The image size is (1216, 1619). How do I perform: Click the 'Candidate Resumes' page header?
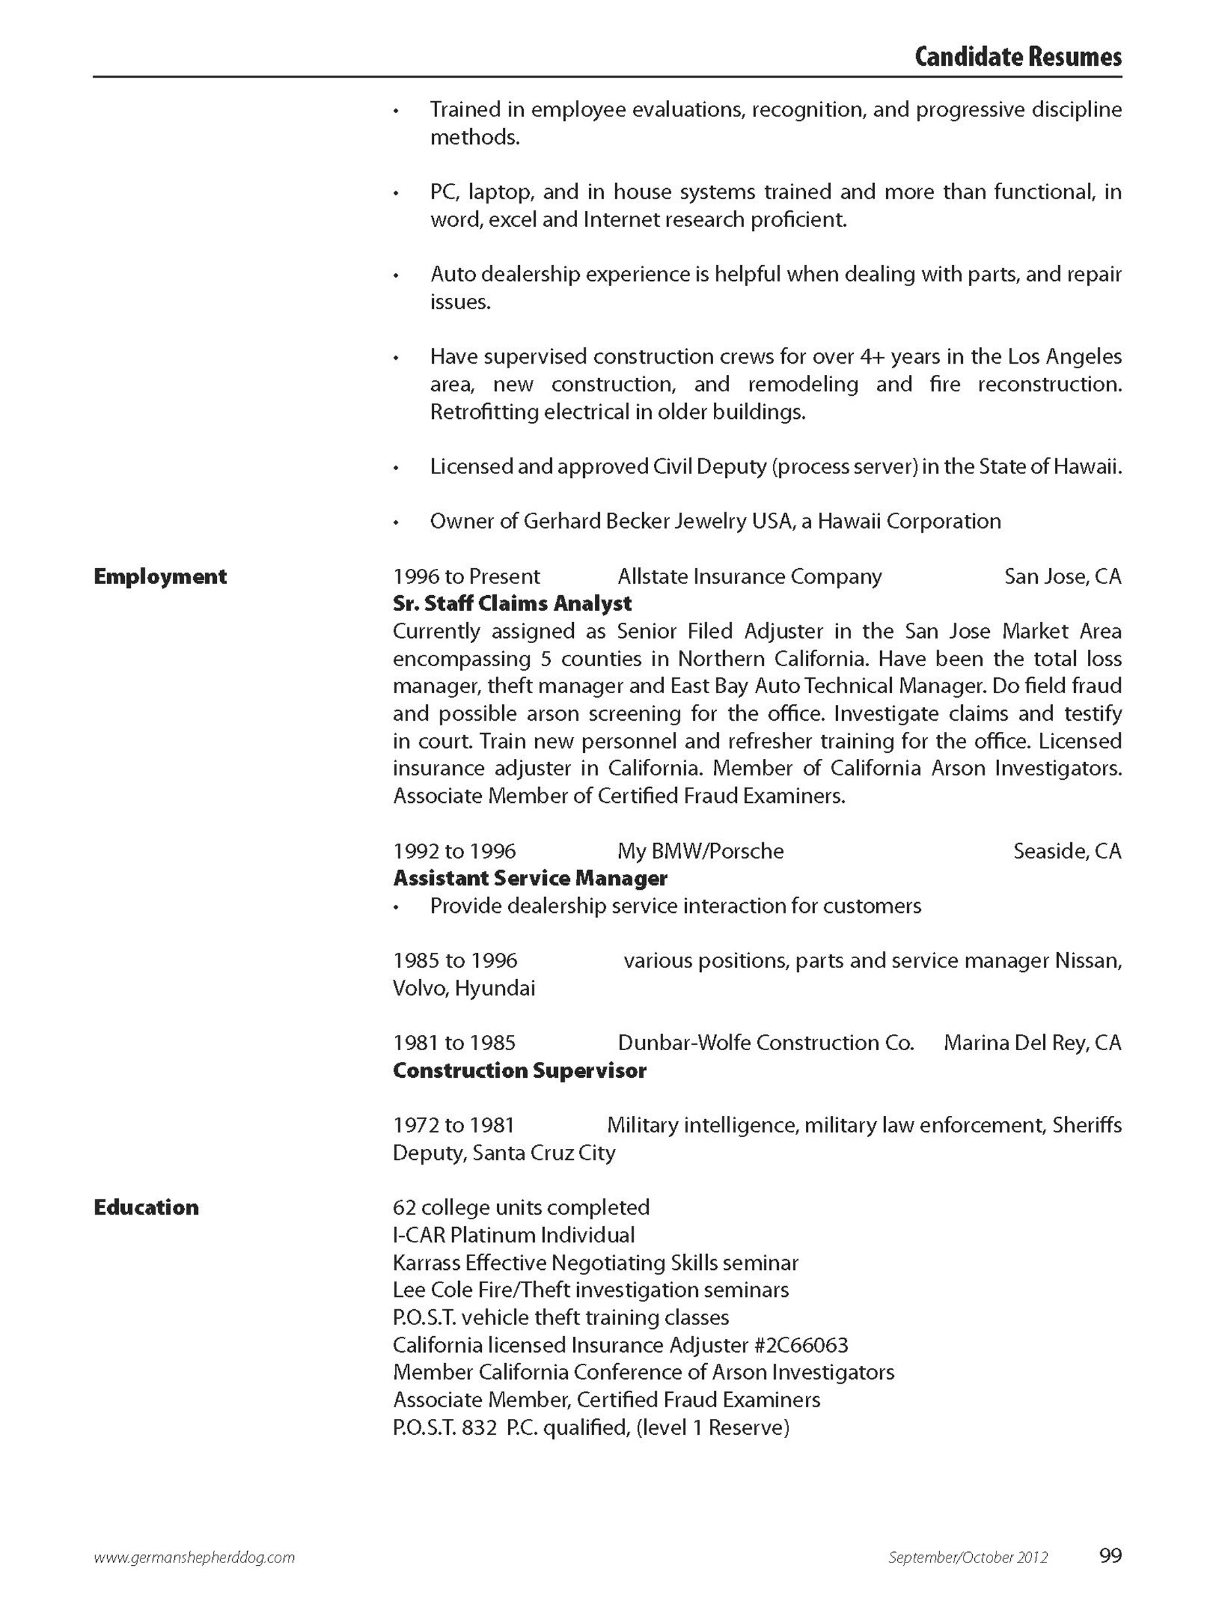(1017, 57)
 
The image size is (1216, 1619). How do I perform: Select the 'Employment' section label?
(160, 577)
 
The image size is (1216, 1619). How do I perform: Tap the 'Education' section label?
(147, 1207)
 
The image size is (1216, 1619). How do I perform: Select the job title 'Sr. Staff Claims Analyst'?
(512, 604)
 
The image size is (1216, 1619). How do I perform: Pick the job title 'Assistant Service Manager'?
(530, 879)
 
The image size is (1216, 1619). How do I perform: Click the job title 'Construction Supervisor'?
(519, 1071)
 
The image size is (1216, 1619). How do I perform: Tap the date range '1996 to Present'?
(466, 577)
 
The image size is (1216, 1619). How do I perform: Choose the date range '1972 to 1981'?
(454, 1125)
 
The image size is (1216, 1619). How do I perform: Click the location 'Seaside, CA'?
(1067, 851)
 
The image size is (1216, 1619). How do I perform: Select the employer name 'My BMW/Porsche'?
(700, 851)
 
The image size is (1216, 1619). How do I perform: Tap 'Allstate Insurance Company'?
(749, 577)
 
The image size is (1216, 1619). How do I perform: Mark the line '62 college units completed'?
(521, 1207)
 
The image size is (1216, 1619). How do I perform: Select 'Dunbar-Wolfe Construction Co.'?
(765, 1043)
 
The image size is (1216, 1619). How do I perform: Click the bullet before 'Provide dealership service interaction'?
(396, 907)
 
